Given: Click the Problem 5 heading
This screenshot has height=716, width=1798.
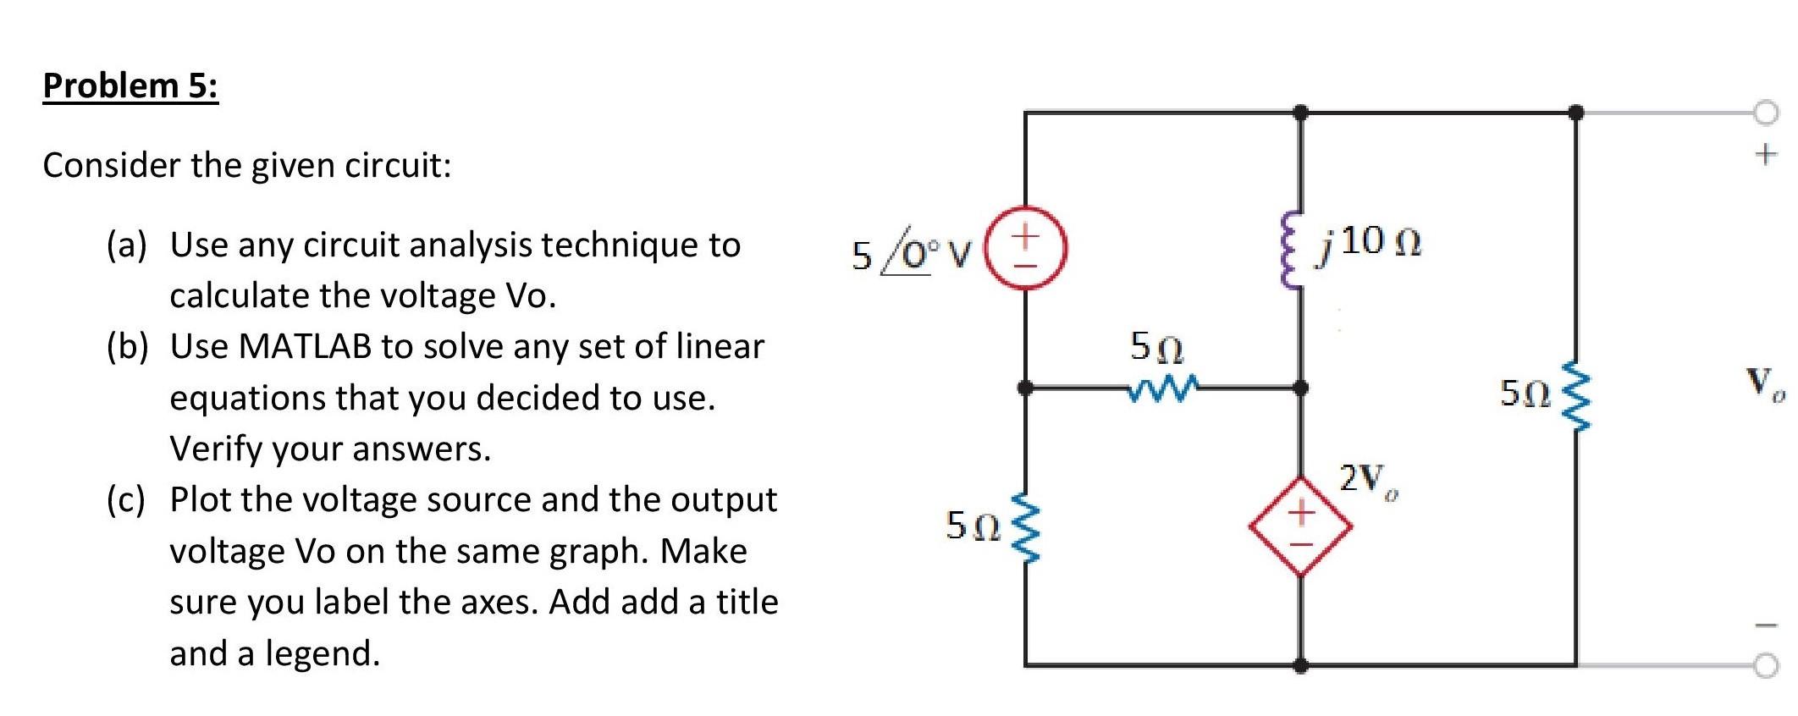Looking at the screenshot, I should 130,85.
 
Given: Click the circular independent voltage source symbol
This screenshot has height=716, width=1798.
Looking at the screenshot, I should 1026,251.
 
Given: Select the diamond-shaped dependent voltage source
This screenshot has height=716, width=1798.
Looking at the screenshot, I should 1300,526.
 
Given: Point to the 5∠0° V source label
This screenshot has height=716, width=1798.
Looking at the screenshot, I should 911,254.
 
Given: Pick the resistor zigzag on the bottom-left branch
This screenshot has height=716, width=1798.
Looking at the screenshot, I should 1024,526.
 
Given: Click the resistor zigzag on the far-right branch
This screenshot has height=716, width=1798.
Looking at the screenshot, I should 1575,394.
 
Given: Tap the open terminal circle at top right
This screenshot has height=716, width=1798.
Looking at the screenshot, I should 1767,112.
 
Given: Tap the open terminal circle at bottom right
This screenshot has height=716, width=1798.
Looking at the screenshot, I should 1767,666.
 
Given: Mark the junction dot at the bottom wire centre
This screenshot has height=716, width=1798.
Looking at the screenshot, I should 1301,666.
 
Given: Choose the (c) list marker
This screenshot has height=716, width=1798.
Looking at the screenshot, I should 125,500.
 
